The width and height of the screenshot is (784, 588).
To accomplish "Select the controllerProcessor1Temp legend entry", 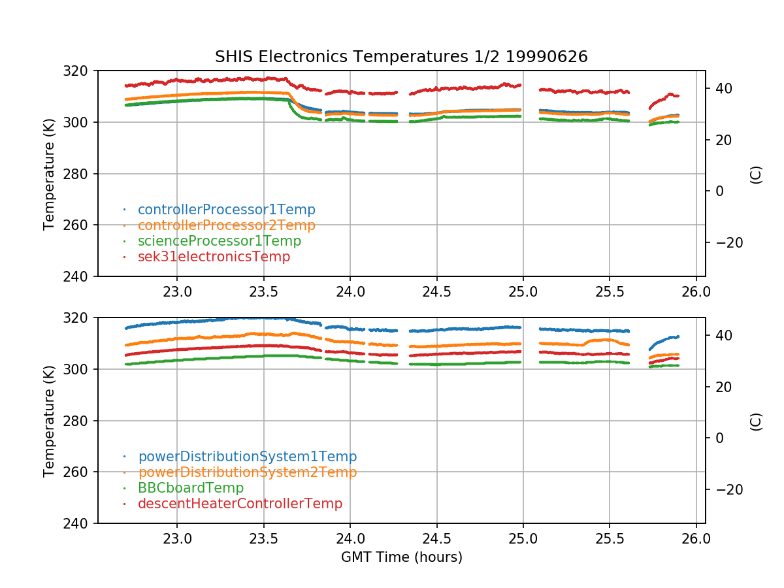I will coord(226,210).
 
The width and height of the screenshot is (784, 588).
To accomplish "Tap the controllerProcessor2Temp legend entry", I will coord(226,225).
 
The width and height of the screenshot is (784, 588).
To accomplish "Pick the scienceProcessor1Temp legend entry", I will coord(219,241).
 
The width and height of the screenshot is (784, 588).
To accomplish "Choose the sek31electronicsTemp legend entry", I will coord(214,257).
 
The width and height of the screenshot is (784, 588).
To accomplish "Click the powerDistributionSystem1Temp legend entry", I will coord(247,457).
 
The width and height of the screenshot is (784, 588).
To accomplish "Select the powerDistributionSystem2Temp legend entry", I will coord(247,472).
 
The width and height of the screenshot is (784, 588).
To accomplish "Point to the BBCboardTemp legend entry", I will coord(190,488).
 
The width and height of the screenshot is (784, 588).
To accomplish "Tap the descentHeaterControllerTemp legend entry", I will coord(240,504).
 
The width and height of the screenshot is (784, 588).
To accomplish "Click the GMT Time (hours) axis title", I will coord(401,557).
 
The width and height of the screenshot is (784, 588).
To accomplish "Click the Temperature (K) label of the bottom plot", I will coord(49,420).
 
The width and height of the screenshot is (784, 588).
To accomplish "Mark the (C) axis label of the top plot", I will coord(756,174).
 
